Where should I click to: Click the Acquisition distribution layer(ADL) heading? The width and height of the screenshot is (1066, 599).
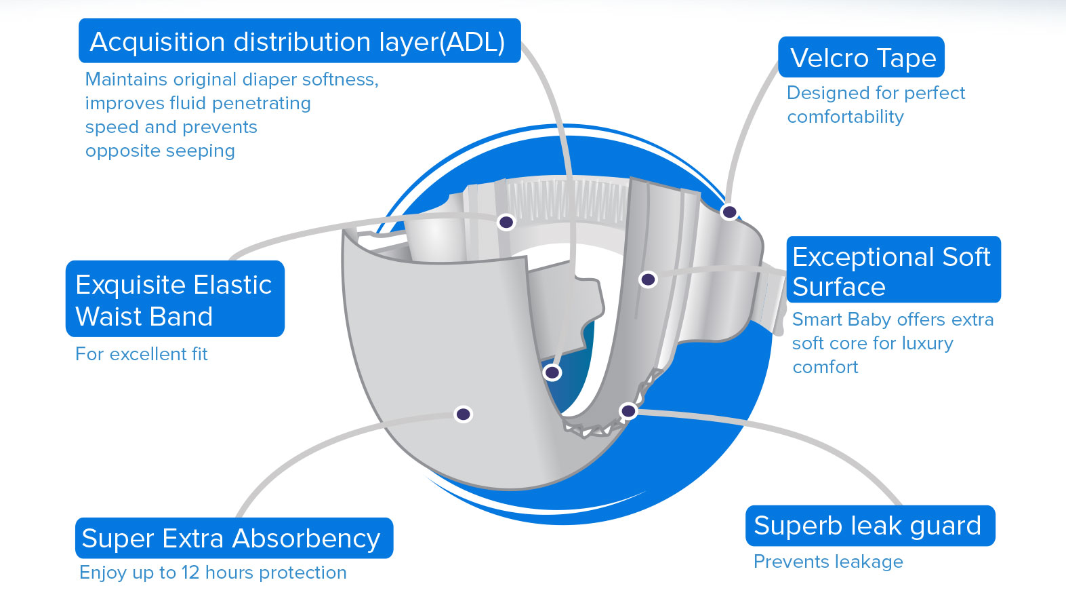click(298, 41)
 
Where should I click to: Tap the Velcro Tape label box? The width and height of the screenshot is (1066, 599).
click(862, 58)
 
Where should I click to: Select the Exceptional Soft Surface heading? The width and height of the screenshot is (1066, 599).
click(892, 271)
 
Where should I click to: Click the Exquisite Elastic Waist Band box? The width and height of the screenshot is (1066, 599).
click(174, 300)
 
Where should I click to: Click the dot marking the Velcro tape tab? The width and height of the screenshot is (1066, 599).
click(729, 212)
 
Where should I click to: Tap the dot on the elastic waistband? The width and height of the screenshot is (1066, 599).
click(506, 222)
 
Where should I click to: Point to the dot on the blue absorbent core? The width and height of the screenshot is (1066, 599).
click(552, 372)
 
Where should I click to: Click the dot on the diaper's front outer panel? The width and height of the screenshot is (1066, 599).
click(464, 414)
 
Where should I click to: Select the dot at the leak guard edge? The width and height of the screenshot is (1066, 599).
click(628, 410)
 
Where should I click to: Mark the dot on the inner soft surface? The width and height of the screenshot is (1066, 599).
click(648, 279)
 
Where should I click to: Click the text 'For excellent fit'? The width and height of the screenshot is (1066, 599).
click(141, 354)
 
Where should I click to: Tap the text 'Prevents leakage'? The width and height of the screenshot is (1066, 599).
click(828, 562)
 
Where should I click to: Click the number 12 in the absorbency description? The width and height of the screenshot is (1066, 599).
click(190, 573)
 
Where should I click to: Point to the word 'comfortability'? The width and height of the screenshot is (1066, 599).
click(845, 117)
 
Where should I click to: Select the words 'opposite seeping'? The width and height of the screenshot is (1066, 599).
click(160, 151)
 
